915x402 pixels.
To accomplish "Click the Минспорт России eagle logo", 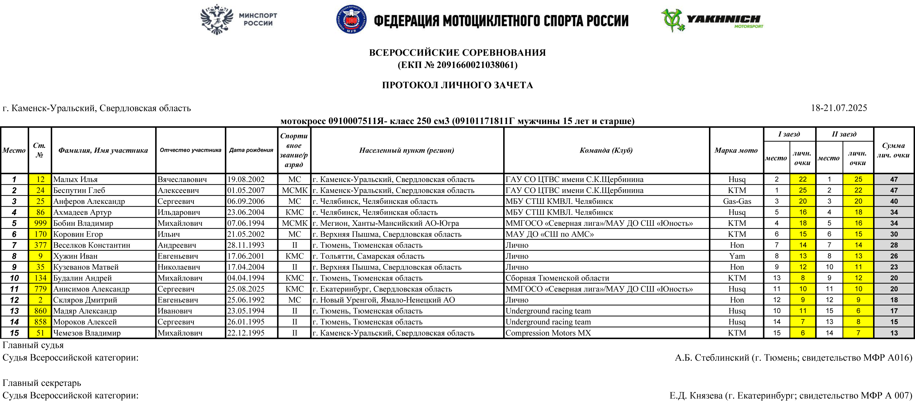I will [217, 19].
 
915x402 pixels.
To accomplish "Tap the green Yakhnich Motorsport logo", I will [712, 20].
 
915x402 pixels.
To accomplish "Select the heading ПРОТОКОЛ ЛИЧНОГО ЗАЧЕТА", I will [457, 85].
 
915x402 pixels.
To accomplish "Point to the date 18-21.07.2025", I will [839, 108].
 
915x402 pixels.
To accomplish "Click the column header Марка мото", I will [736, 150].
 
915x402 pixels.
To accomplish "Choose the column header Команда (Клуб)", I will [606, 150].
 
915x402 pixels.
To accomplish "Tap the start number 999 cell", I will [40, 223].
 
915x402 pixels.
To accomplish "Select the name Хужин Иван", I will [75, 256].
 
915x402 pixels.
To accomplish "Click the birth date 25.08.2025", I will [246, 289].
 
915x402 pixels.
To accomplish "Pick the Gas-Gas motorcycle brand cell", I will [737, 201].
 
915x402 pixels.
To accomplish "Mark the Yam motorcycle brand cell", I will [737, 256].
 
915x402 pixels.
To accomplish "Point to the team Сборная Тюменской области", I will [557, 278].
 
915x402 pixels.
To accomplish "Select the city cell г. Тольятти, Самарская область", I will [368, 256].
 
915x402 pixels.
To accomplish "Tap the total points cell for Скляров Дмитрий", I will [894, 300].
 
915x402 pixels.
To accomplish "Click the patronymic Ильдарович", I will [179, 212].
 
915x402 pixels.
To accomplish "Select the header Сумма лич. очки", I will [893, 150].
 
